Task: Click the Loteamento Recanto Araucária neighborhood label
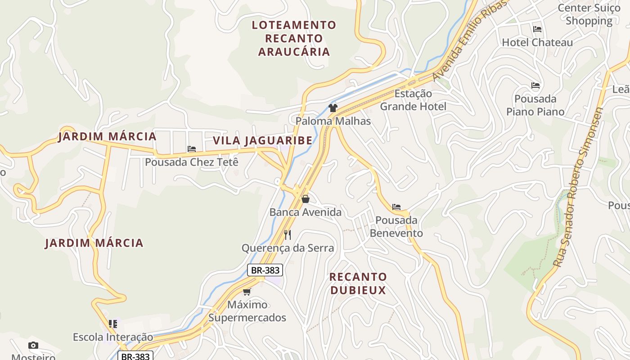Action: click(x=294, y=38)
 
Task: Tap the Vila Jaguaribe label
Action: click(x=262, y=140)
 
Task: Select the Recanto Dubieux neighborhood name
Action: click(x=358, y=283)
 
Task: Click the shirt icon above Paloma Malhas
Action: click(x=333, y=108)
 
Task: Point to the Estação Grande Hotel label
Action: click(x=413, y=100)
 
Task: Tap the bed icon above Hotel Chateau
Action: click(x=537, y=29)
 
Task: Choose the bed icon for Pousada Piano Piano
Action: click(x=535, y=85)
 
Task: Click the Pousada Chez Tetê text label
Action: click(x=191, y=162)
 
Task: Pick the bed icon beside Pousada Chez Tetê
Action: click(x=192, y=149)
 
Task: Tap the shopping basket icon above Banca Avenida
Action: click(x=306, y=199)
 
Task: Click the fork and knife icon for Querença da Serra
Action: click(x=288, y=234)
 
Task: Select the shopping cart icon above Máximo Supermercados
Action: click(x=247, y=292)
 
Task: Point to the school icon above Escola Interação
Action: click(x=113, y=324)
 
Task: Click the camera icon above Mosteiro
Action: click(x=33, y=346)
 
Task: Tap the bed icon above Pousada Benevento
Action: click(x=396, y=207)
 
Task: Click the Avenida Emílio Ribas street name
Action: click(x=469, y=41)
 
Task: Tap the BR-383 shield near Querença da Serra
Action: click(x=265, y=270)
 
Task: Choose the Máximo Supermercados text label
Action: click(x=247, y=311)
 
